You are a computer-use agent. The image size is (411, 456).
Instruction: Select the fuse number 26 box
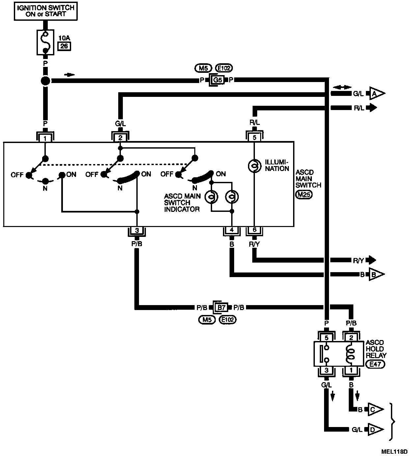(64, 46)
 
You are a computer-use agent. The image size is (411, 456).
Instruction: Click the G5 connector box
(217, 80)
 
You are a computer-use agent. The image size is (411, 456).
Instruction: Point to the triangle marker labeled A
(376, 94)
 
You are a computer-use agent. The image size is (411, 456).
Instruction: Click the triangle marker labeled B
(376, 274)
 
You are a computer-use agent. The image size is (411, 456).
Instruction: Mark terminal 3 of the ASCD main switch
(137, 231)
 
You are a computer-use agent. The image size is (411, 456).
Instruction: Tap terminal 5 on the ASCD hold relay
(326, 338)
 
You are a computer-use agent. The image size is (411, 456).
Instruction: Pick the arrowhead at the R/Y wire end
(372, 260)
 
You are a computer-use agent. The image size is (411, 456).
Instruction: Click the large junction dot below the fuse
(45, 81)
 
